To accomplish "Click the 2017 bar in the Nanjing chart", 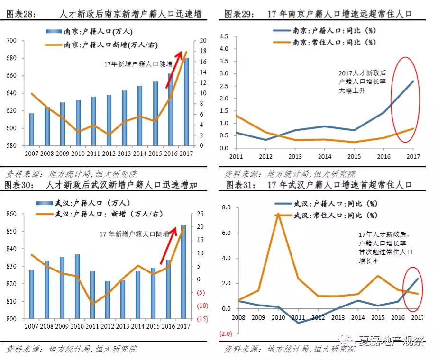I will pos(186,102).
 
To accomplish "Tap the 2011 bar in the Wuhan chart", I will pos(92,295).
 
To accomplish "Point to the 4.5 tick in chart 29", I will pos(224,36).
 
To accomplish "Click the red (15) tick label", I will pos(202,319).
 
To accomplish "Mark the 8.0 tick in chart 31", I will pos(226,208).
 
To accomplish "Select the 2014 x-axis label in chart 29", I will pos(324,156).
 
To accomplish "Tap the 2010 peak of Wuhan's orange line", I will pos(278,214).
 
